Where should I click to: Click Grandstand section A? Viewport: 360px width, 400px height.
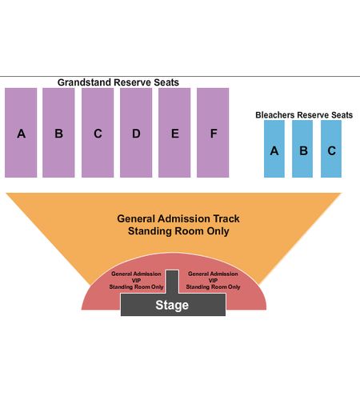(x=21, y=133)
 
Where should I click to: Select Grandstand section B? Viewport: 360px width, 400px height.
(x=58, y=133)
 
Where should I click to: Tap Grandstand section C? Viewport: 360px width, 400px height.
(x=98, y=133)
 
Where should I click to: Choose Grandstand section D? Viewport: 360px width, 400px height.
(x=136, y=133)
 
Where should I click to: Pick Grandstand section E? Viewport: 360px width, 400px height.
(x=174, y=133)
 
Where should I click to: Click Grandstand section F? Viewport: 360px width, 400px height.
(x=213, y=133)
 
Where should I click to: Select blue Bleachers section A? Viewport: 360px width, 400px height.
(x=274, y=149)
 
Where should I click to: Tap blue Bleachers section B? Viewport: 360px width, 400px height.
(x=302, y=149)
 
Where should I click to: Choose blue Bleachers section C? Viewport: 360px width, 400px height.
(x=331, y=149)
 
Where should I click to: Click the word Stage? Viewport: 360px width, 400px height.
(x=172, y=305)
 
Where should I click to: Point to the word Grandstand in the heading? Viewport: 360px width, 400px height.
(x=84, y=82)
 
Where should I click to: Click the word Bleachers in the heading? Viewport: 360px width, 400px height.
(x=275, y=115)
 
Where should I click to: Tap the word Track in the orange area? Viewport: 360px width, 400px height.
(x=226, y=218)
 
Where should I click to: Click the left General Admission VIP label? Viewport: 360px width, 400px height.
(x=136, y=280)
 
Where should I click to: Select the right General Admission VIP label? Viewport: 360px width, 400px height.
(x=213, y=280)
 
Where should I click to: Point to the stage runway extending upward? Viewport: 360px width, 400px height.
(x=172, y=282)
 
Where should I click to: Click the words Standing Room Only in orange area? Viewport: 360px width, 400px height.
(x=178, y=231)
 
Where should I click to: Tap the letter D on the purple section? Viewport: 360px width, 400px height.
(x=136, y=134)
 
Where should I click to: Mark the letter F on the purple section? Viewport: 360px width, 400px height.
(x=214, y=134)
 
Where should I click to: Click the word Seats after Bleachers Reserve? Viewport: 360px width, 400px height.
(x=342, y=115)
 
